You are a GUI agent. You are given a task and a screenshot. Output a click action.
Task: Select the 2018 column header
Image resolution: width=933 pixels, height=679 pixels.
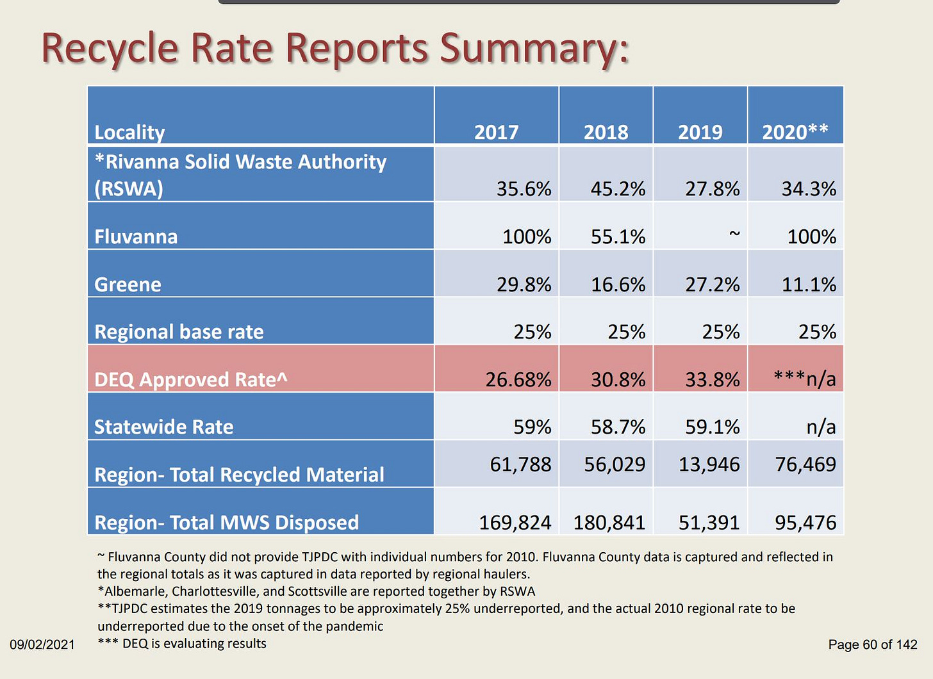point(606,132)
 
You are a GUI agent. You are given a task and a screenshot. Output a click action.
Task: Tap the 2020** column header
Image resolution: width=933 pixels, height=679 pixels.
point(795,132)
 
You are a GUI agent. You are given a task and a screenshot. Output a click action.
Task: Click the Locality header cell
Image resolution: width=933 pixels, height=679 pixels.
point(129,132)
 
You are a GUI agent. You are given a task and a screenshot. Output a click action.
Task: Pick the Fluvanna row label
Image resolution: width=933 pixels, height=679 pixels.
point(136,236)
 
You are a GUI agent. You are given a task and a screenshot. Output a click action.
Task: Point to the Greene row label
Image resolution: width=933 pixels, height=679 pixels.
point(128,284)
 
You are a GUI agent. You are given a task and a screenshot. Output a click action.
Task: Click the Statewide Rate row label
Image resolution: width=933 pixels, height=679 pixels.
point(163,427)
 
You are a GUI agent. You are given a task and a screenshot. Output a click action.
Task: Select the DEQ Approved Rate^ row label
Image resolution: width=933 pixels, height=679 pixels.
point(190,379)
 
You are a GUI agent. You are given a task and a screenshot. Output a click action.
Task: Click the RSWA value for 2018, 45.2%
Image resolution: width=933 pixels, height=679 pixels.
point(618,189)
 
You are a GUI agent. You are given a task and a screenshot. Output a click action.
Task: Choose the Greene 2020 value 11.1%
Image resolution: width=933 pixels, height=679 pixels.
point(809,284)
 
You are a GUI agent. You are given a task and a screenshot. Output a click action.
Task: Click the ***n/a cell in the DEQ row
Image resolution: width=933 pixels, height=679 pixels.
point(804,379)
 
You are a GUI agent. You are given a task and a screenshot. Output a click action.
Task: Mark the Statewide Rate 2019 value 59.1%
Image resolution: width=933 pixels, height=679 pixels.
point(712,427)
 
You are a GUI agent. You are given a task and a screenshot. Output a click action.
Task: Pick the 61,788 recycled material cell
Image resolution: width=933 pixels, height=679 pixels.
point(520,464)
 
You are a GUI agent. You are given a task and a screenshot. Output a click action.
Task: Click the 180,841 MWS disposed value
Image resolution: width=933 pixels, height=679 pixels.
point(609,523)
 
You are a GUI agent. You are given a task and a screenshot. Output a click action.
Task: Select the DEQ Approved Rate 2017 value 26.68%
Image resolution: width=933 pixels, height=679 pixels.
point(518,379)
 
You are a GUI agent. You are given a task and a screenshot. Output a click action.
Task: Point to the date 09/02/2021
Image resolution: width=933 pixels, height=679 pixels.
point(42,644)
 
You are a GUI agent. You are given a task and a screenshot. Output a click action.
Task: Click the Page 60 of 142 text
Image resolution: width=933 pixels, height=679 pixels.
point(873,644)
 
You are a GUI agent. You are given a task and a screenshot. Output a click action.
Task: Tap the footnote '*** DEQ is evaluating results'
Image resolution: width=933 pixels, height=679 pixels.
point(182,643)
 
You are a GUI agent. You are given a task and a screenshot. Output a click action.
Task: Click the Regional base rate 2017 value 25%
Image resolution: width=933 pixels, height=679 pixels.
point(532,332)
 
